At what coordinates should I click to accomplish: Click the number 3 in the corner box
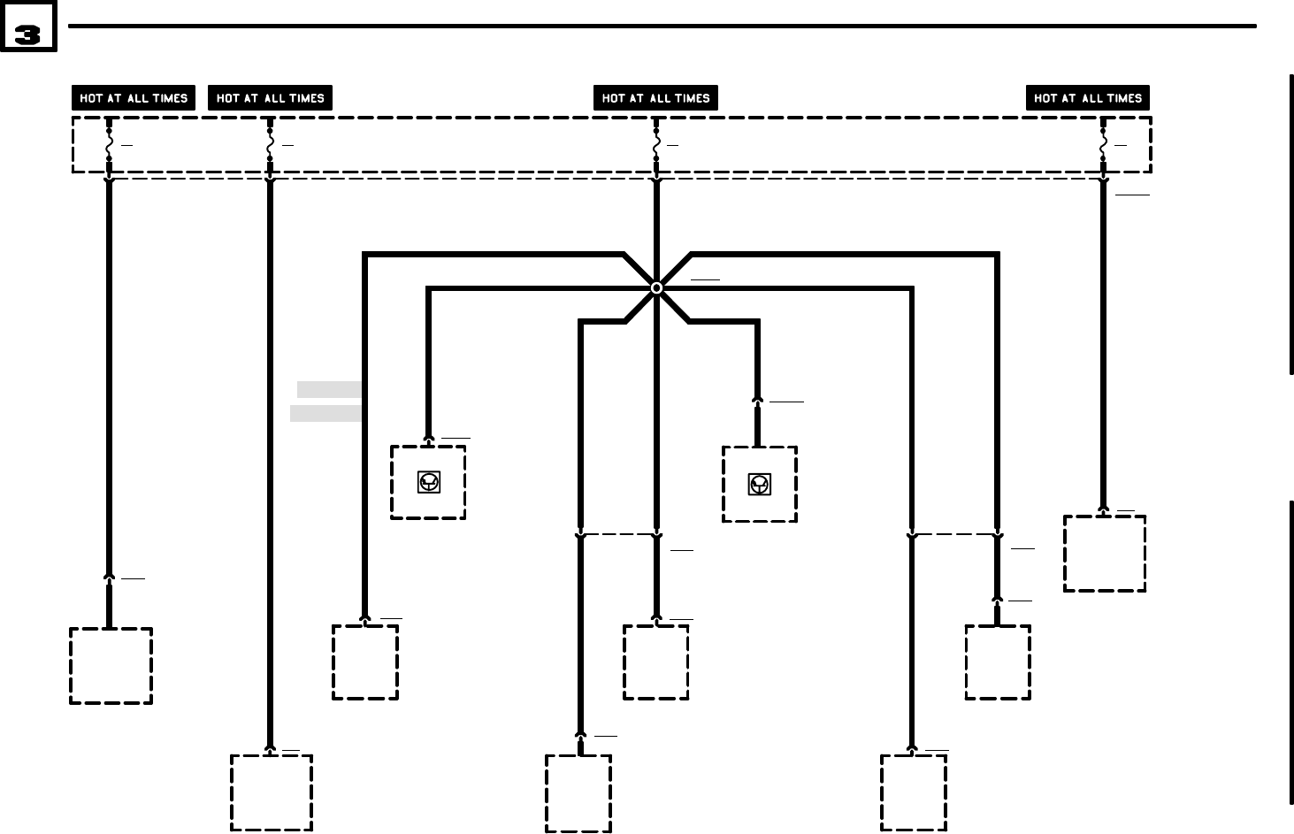click(x=28, y=34)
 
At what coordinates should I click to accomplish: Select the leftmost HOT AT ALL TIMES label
click(x=134, y=98)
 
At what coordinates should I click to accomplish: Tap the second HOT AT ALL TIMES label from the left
click(x=270, y=98)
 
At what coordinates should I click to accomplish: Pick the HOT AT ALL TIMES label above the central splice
click(x=655, y=98)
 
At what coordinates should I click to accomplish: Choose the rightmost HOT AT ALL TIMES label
click(x=1088, y=98)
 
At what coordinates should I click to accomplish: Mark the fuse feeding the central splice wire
click(x=655, y=144)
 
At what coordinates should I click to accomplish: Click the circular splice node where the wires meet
click(x=656, y=288)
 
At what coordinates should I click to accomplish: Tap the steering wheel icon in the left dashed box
click(x=429, y=482)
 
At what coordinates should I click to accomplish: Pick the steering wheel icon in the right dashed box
click(x=760, y=484)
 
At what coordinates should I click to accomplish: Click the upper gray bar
click(x=329, y=389)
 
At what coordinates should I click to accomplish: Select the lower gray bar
click(x=325, y=413)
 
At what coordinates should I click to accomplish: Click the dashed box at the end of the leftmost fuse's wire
click(x=111, y=666)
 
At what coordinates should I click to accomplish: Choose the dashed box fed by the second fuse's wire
click(x=272, y=792)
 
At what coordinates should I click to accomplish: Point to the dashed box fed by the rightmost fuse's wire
click(x=1104, y=554)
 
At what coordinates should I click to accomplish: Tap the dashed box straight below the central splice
click(x=655, y=662)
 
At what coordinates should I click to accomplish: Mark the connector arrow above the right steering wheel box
click(x=757, y=401)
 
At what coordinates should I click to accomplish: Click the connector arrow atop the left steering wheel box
click(x=429, y=438)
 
